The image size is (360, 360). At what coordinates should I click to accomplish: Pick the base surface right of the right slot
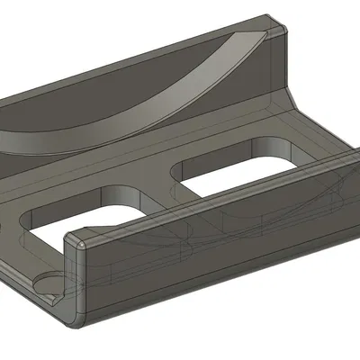[315, 144]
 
